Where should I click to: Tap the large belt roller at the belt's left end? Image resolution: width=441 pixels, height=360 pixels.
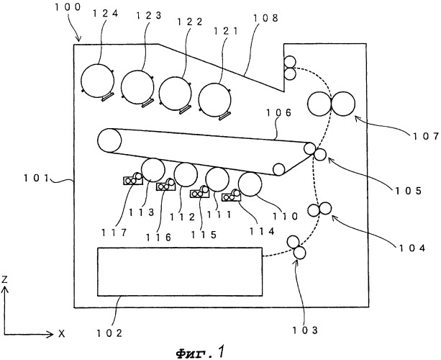pos(112,140)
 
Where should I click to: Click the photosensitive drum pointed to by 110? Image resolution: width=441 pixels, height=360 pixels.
pos(252,185)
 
